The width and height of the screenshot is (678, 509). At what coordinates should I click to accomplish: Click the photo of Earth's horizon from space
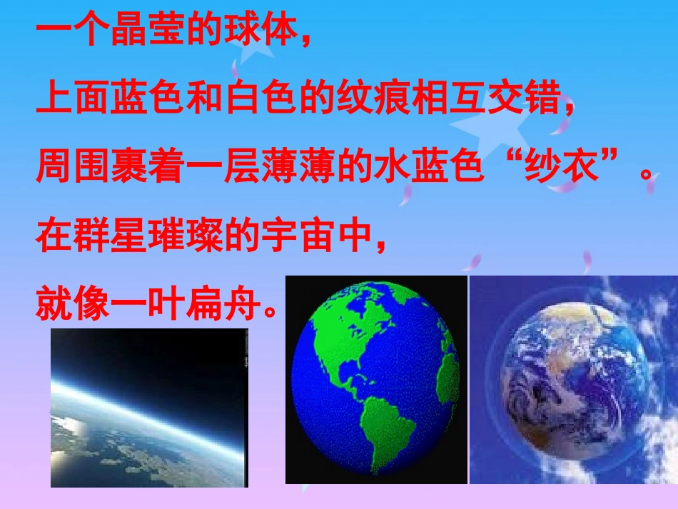click(148, 408)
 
